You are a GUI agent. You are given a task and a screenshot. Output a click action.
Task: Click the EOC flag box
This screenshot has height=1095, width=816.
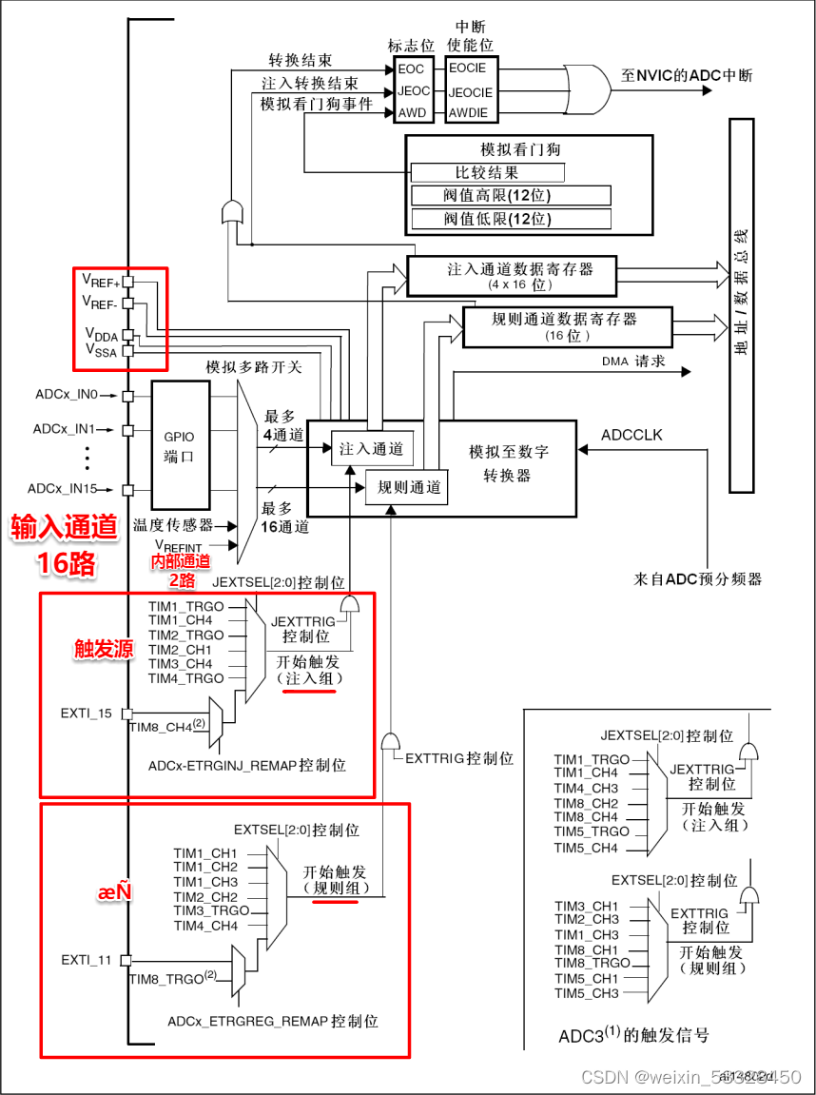(412, 68)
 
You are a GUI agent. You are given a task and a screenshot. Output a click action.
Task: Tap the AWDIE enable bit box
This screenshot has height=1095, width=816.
(468, 113)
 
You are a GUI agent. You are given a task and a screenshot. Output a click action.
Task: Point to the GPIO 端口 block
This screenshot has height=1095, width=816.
(180, 445)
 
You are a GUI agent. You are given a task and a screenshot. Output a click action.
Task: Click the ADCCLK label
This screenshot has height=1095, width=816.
(631, 435)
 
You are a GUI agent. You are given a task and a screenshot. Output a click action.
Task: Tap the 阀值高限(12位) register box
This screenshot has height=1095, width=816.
(510, 196)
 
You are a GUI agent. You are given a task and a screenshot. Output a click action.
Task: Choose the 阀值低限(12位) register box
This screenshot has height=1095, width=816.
(510, 219)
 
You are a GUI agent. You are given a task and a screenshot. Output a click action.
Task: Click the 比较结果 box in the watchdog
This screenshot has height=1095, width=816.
(487, 173)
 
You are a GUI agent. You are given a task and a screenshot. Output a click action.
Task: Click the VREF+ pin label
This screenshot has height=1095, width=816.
(101, 282)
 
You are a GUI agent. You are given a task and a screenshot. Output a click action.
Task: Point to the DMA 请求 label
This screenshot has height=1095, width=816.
(633, 362)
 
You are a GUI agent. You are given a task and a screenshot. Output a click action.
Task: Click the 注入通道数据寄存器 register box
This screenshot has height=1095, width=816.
(512, 275)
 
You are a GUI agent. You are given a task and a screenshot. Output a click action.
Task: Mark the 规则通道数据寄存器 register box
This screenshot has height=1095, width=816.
(565, 325)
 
